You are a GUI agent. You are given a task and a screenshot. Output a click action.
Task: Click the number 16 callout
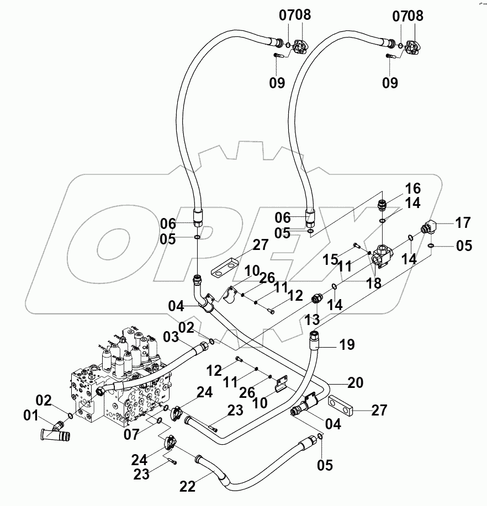point(413,187)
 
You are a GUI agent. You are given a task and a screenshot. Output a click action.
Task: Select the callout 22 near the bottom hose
point(187,486)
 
